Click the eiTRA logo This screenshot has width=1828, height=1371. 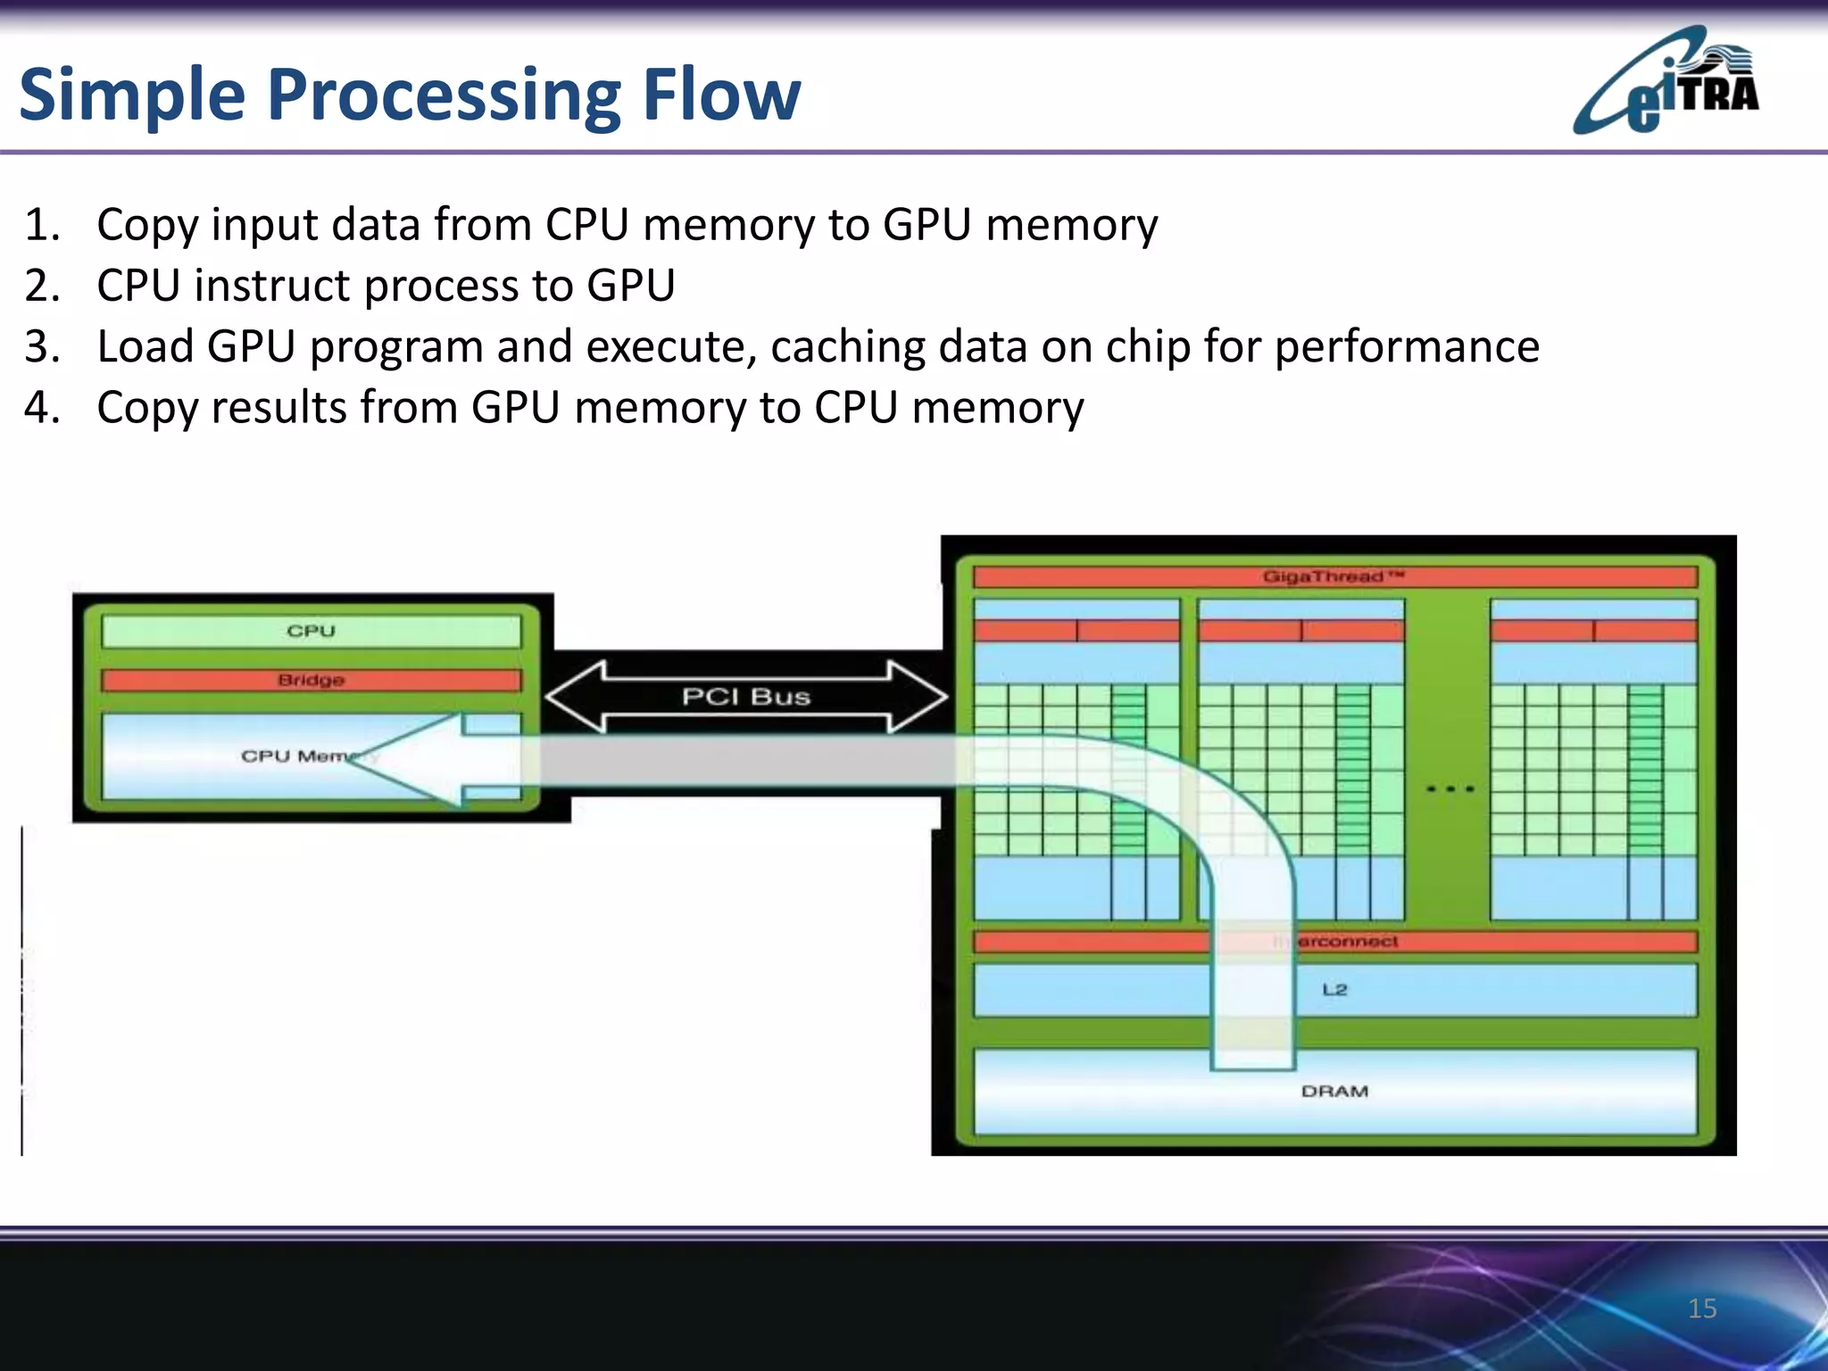coord(1666,82)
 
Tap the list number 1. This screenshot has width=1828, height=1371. coord(41,225)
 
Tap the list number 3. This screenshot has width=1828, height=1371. coord(41,347)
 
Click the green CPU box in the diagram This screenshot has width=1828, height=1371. coord(311,631)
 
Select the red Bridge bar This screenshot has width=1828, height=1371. coord(311,680)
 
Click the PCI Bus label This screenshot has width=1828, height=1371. coord(746,696)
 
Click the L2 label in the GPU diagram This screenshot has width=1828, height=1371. coord(1334,989)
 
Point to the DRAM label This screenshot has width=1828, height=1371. coord(1334,1091)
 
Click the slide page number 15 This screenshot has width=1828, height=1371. coord(1702,1309)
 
